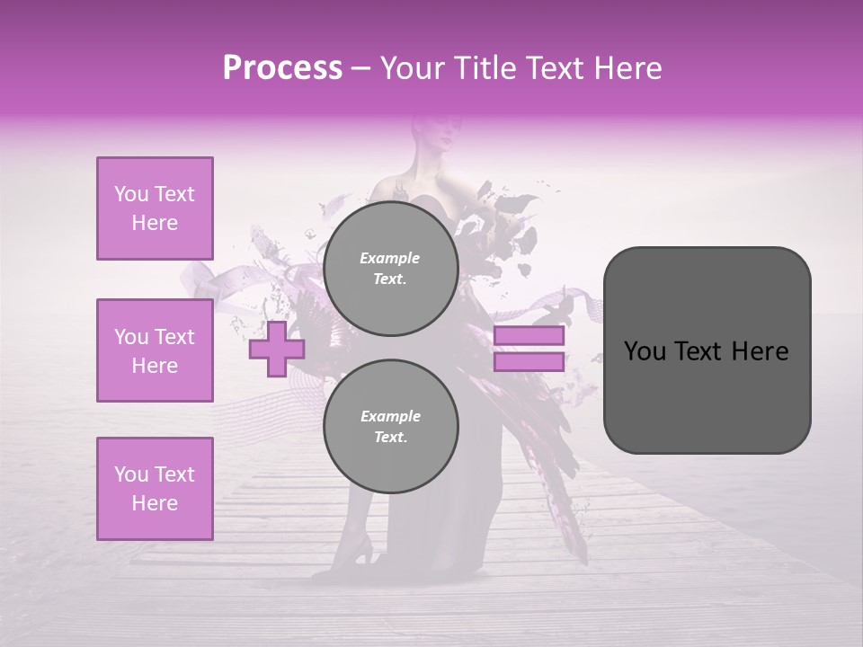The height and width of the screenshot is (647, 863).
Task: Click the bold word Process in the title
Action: click(282, 68)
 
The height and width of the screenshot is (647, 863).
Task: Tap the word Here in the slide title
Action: click(627, 68)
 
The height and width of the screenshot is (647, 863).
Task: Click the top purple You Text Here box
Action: click(155, 208)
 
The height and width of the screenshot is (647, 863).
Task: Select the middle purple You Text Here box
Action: click(155, 350)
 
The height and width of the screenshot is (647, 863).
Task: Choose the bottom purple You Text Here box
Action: click(155, 489)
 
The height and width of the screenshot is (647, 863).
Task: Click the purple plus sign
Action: click(276, 350)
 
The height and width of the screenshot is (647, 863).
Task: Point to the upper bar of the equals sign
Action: click(529, 336)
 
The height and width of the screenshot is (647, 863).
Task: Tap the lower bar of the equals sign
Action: click(529, 362)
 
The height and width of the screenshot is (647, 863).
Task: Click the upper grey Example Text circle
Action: click(390, 269)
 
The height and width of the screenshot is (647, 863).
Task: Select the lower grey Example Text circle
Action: click(390, 427)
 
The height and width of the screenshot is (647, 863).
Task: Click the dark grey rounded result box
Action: click(707, 350)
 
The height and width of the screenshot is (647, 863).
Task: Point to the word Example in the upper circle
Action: click(390, 258)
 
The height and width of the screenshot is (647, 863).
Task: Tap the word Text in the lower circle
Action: click(390, 438)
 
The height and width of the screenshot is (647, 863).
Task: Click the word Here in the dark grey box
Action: click(761, 351)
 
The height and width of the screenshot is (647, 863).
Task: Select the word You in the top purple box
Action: click(130, 194)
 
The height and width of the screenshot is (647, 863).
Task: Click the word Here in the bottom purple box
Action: click(155, 503)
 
